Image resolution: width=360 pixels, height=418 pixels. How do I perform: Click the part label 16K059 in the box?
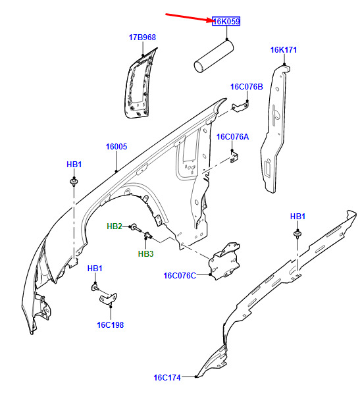tap(226, 21)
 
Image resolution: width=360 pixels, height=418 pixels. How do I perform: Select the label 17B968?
tap(142, 38)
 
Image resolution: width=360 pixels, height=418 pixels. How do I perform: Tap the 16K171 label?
tap(283, 50)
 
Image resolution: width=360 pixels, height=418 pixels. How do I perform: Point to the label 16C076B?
tap(247, 87)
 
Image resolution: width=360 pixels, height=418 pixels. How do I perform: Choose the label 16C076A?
tap(232, 137)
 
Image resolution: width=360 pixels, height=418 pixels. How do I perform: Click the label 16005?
tap(116, 147)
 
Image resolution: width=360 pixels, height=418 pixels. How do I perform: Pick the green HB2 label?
tap(115, 226)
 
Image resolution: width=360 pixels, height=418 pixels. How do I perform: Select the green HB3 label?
tap(145, 254)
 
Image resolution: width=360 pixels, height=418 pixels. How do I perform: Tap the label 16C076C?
tap(180, 276)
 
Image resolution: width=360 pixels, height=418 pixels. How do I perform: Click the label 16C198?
tap(111, 325)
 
